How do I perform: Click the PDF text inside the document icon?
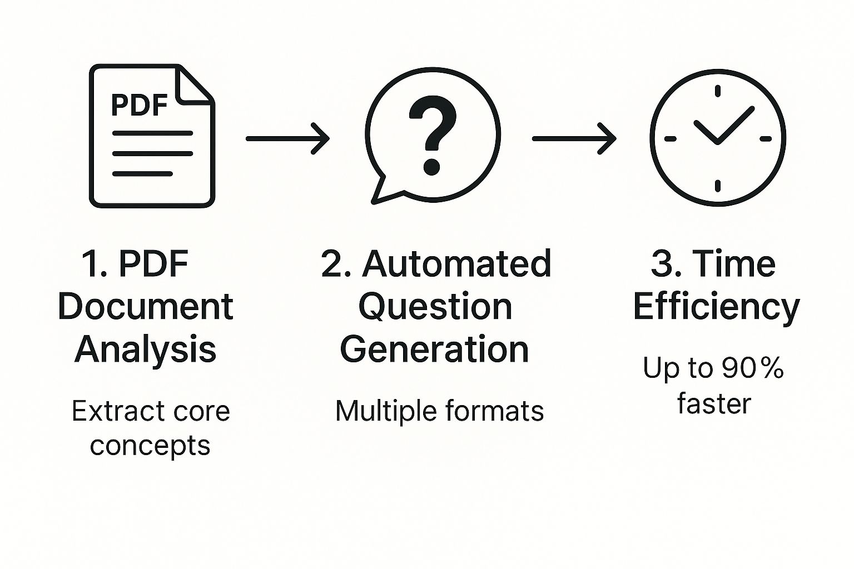pos(140,105)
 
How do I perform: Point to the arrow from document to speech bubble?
pos(287,138)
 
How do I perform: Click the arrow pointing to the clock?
pos(574,138)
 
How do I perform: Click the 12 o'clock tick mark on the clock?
pos(718,92)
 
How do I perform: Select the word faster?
pos(714,403)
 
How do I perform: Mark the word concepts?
pos(150,446)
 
